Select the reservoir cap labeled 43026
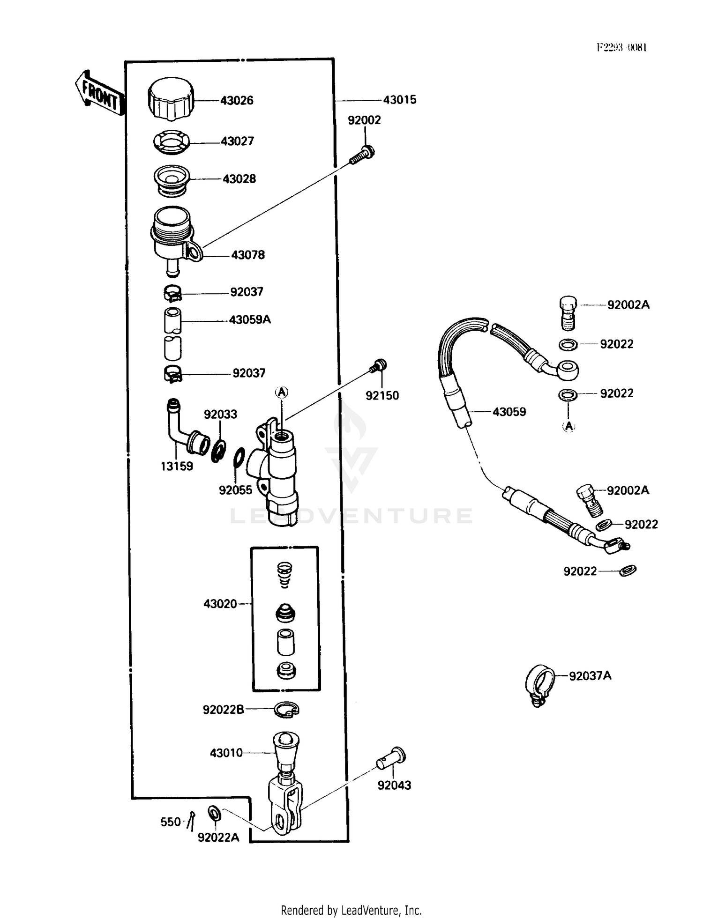click(171, 99)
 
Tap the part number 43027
click(237, 141)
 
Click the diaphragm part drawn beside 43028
click(172, 180)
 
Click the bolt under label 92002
click(362, 156)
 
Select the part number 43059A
click(250, 320)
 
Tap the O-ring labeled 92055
click(239, 457)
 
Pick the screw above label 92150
click(379, 365)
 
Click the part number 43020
click(220, 604)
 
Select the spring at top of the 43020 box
click(284, 575)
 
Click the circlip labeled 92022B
click(286, 710)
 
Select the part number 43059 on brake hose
click(509, 412)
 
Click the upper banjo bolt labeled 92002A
click(568, 312)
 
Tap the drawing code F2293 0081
click(621, 47)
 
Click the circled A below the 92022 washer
click(568, 426)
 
